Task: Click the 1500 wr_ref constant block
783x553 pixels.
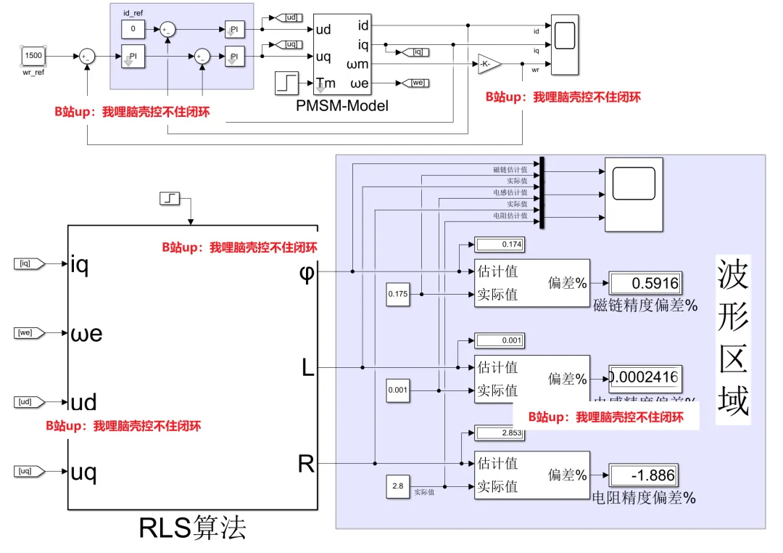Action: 34,56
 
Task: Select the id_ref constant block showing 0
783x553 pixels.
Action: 133,29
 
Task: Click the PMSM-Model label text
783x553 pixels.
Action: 342,106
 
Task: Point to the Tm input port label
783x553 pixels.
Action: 326,83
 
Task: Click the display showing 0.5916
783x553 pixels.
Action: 645,283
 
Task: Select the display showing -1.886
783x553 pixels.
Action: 645,476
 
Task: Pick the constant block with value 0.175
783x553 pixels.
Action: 397,294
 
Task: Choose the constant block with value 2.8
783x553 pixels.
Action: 397,486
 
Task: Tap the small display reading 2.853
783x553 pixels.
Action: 499,433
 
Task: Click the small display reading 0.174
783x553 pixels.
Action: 499,244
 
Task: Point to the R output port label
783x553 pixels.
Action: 307,464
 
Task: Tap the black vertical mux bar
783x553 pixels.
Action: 542,193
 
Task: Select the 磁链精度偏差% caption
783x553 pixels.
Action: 645,306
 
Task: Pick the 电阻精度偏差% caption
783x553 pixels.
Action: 644,499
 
